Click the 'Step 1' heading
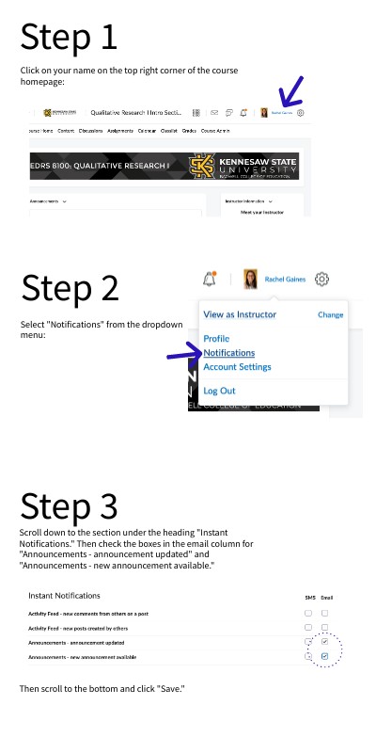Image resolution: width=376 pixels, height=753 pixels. coord(69,37)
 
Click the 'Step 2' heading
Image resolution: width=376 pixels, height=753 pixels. coord(70,287)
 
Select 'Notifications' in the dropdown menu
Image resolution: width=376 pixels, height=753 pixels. coord(229,353)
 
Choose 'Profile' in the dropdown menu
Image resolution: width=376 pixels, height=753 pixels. coord(216,339)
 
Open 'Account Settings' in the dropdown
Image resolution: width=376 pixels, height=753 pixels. coord(237,367)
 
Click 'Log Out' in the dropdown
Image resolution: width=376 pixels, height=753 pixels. coord(219,391)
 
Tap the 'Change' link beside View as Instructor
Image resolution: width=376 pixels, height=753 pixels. coord(330,314)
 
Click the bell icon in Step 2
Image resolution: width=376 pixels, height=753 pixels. coord(209,279)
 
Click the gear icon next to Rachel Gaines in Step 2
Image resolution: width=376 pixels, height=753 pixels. coord(322,279)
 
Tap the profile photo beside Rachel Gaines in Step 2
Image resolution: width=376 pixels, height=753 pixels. coord(251,279)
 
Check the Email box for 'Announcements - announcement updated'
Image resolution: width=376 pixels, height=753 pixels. coord(324,641)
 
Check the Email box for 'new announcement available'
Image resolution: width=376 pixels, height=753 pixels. coord(324,655)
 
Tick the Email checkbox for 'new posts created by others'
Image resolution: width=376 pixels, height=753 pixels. coord(324,627)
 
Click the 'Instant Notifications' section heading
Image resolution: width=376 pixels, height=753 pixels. coord(64,596)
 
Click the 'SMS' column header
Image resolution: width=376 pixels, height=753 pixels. coord(309,598)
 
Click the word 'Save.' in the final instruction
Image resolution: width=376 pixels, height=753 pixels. coord(172,689)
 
